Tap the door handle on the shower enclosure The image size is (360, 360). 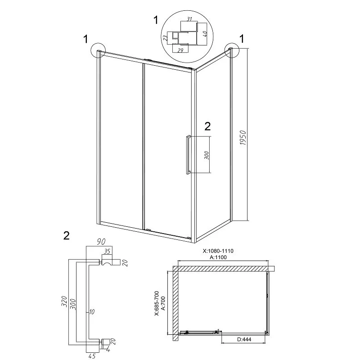[187, 154]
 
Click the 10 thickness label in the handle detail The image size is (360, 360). [92, 311]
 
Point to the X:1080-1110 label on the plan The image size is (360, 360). [219, 251]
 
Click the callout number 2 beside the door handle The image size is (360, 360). [207, 126]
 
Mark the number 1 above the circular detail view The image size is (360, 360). [156, 19]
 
